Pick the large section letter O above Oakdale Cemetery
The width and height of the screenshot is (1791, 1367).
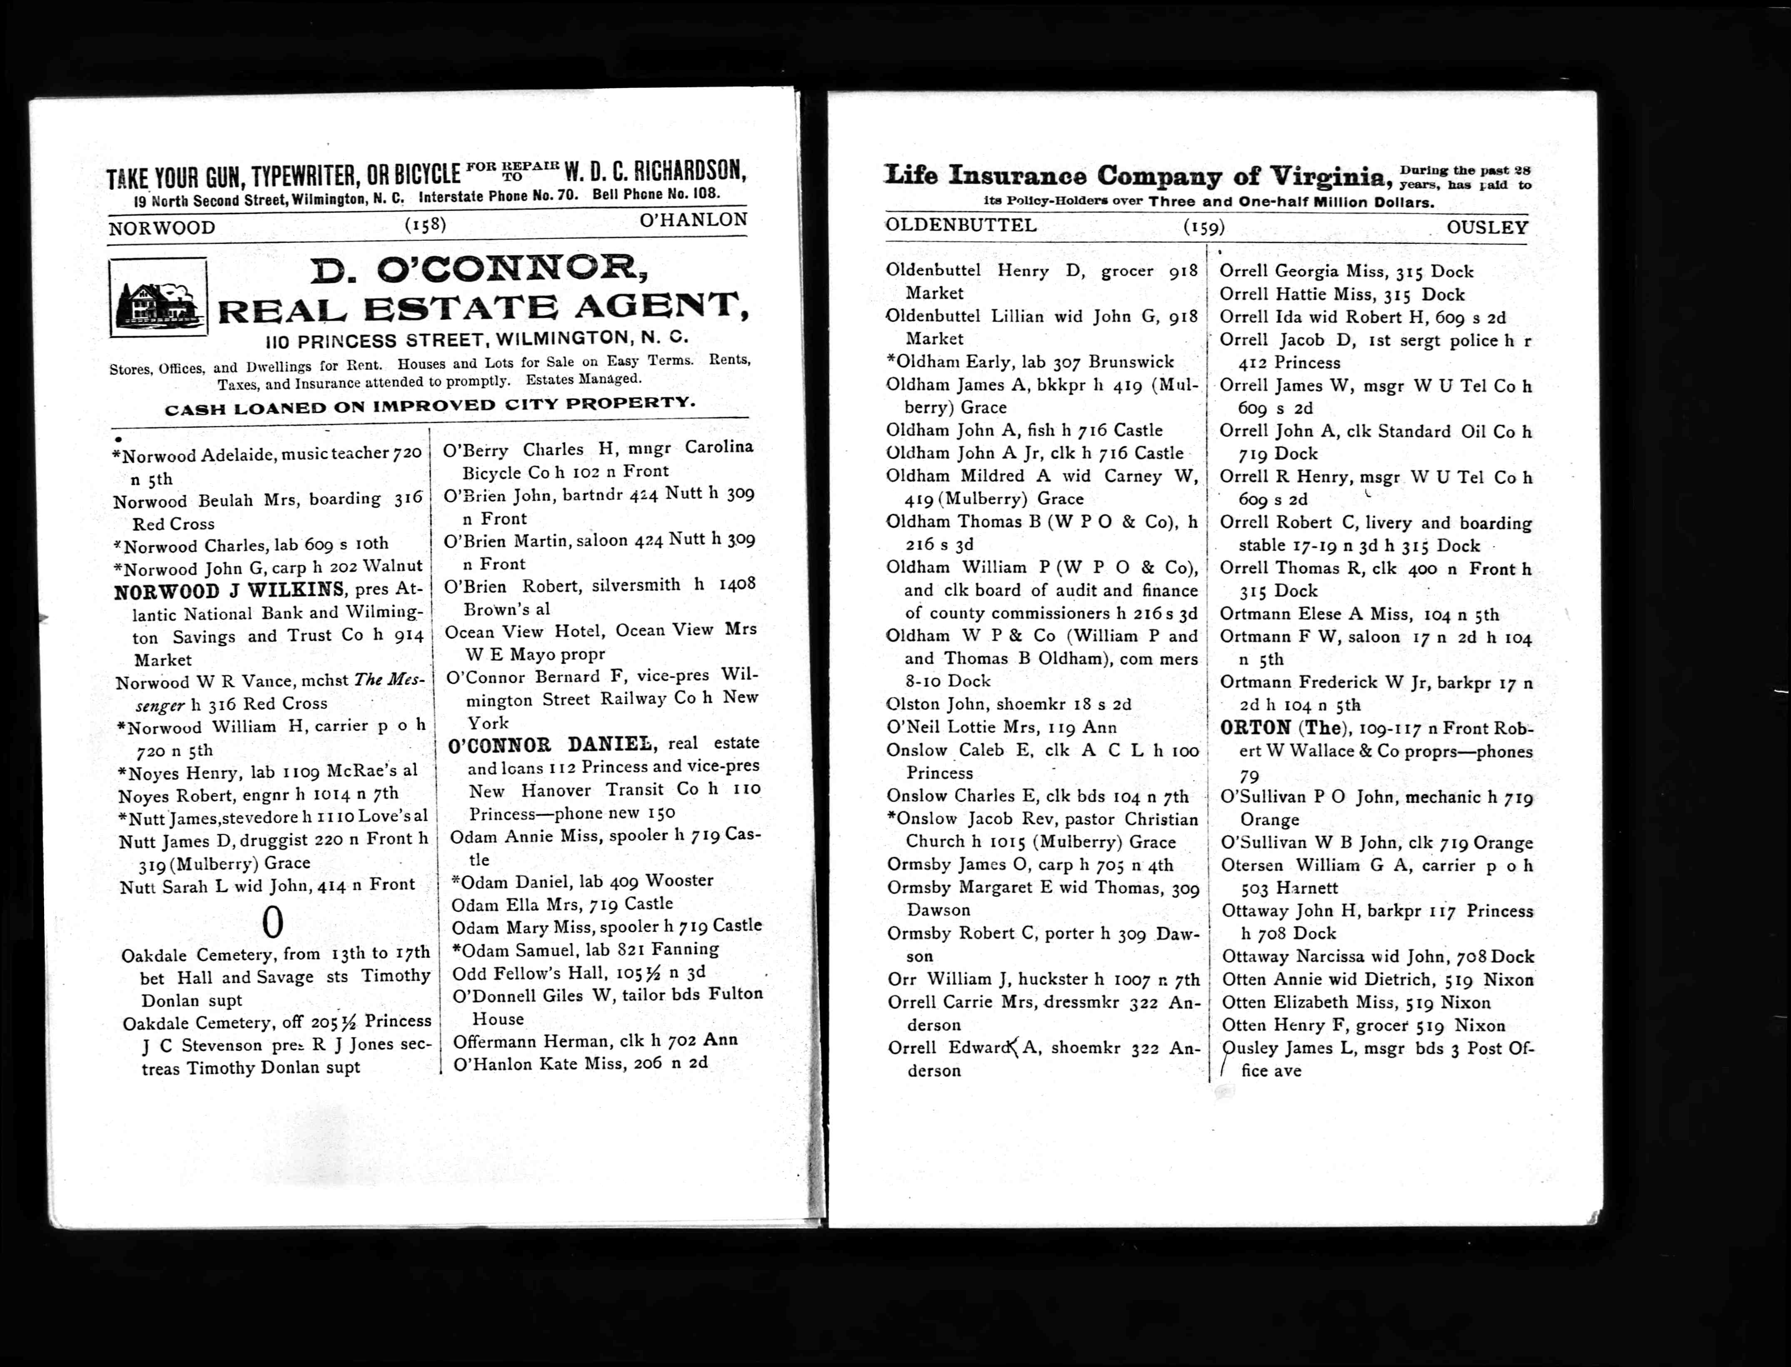pyautogui.click(x=273, y=923)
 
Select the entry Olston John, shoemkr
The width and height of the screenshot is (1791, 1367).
pyautogui.click(x=1009, y=705)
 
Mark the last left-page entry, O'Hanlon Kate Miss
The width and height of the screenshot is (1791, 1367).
pyautogui.click(x=580, y=1063)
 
